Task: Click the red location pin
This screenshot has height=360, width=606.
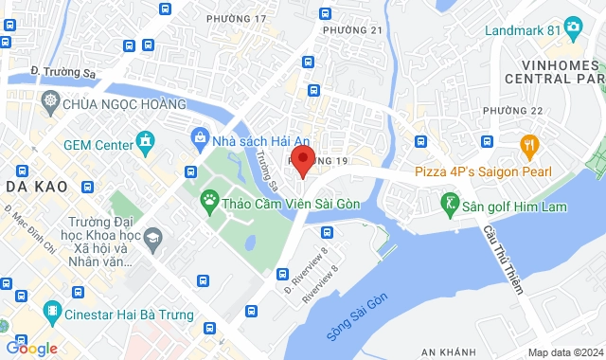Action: pyautogui.click(x=302, y=159)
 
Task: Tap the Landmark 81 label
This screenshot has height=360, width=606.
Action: pyautogui.click(x=522, y=29)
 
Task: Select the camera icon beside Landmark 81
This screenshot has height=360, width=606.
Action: pyautogui.click(x=572, y=27)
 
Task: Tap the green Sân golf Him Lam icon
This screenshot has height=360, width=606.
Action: pyautogui.click(x=450, y=202)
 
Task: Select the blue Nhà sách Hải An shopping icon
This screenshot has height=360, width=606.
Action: pyautogui.click(x=200, y=139)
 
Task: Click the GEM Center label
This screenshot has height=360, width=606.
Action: pyautogui.click(x=98, y=146)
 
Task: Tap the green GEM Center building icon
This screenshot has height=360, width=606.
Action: pyautogui.click(x=145, y=145)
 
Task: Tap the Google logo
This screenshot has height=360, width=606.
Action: pyautogui.click(x=30, y=349)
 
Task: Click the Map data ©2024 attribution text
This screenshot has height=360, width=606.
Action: pyautogui.click(x=563, y=352)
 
